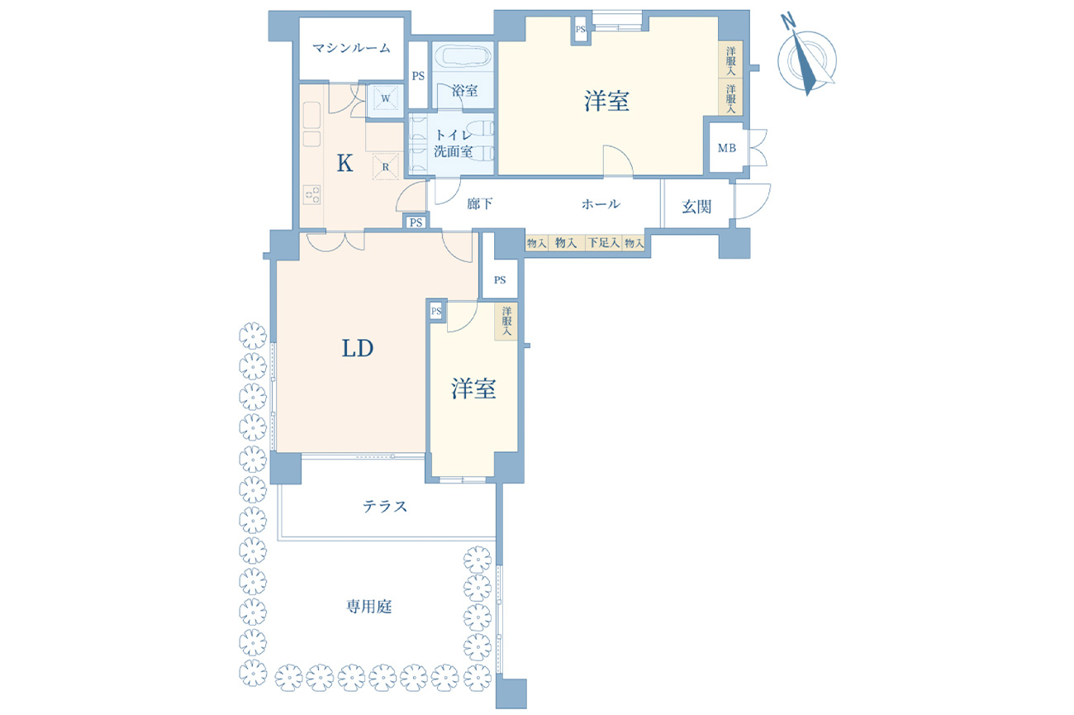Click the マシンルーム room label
pyautogui.click(x=351, y=48)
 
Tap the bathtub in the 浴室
pyautogui.click(x=463, y=57)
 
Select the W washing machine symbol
pyautogui.click(x=386, y=99)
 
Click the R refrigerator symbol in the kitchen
pyautogui.click(x=386, y=167)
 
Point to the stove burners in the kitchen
pyautogui.click(x=311, y=194)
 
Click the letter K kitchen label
pyautogui.click(x=345, y=163)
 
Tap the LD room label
pyautogui.click(x=358, y=348)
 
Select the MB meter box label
pyautogui.click(x=727, y=148)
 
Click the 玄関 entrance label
pyautogui.click(x=696, y=207)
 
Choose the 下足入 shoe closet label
pyautogui.click(x=604, y=243)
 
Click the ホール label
pyautogui.click(x=601, y=204)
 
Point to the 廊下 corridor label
pyautogui.click(x=480, y=204)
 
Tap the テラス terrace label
pyautogui.click(x=385, y=506)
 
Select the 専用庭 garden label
pyautogui.click(x=369, y=607)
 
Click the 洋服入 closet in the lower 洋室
pyautogui.click(x=506, y=322)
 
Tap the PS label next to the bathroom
pyautogui.click(x=418, y=76)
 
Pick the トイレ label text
pyautogui.click(x=454, y=136)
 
